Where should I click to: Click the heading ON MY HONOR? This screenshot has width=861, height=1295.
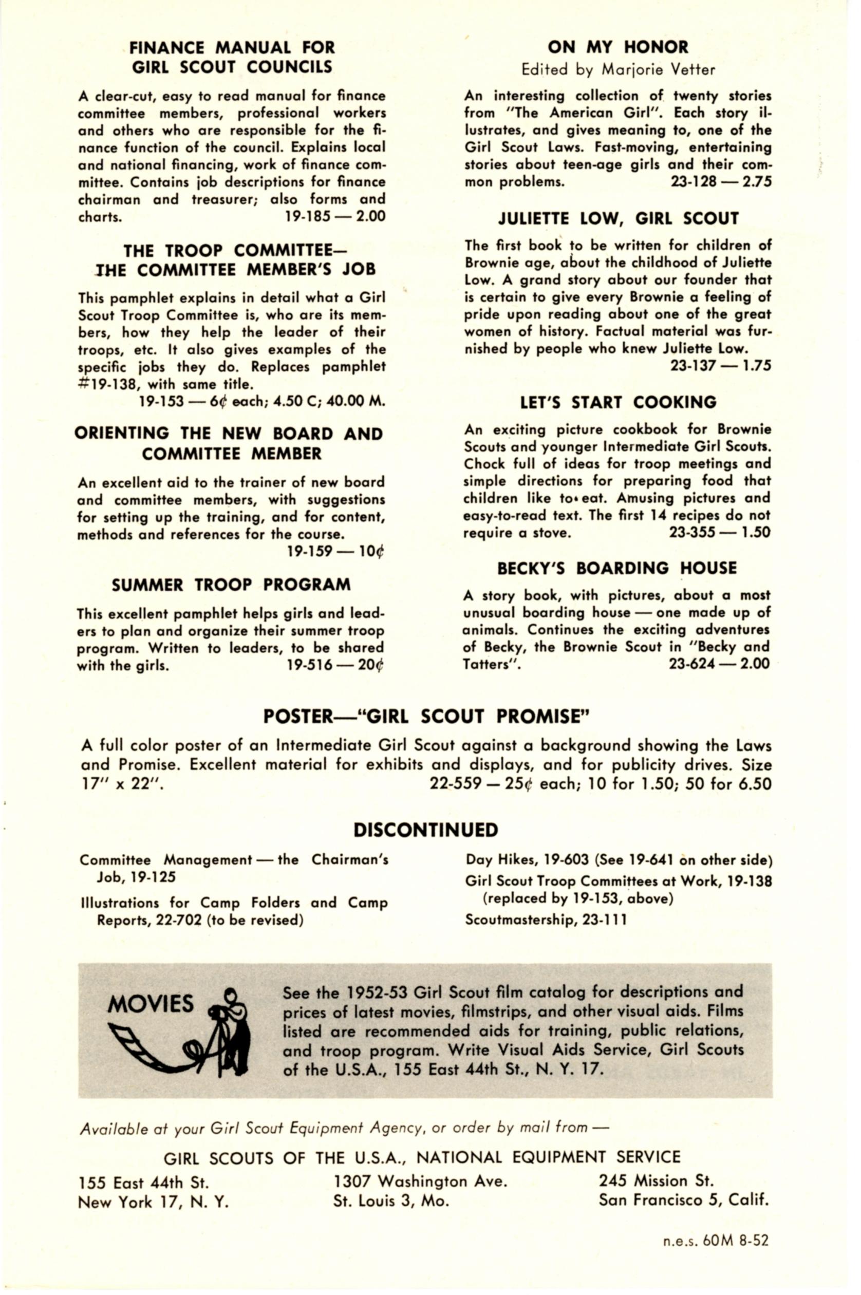tap(617, 47)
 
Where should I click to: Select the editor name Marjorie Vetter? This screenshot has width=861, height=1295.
tap(659, 70)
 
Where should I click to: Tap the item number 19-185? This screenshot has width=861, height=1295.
tap(308, 216)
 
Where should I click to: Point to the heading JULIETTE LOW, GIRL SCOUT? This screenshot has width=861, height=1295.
tap(617, 219)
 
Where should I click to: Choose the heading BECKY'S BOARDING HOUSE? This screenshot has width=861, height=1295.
tap(616, 568)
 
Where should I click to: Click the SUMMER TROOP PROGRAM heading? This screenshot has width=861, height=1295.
tap(231, 585)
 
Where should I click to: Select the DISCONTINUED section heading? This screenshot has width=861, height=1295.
tap(425, 830)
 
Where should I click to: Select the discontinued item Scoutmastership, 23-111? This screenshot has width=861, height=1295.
tap(545, 919)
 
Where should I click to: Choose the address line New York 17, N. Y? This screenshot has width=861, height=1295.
tap(153, 1202)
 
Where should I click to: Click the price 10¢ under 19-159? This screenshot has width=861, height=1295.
tap(371, 551)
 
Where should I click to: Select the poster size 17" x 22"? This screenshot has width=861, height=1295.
tap(122, 784)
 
